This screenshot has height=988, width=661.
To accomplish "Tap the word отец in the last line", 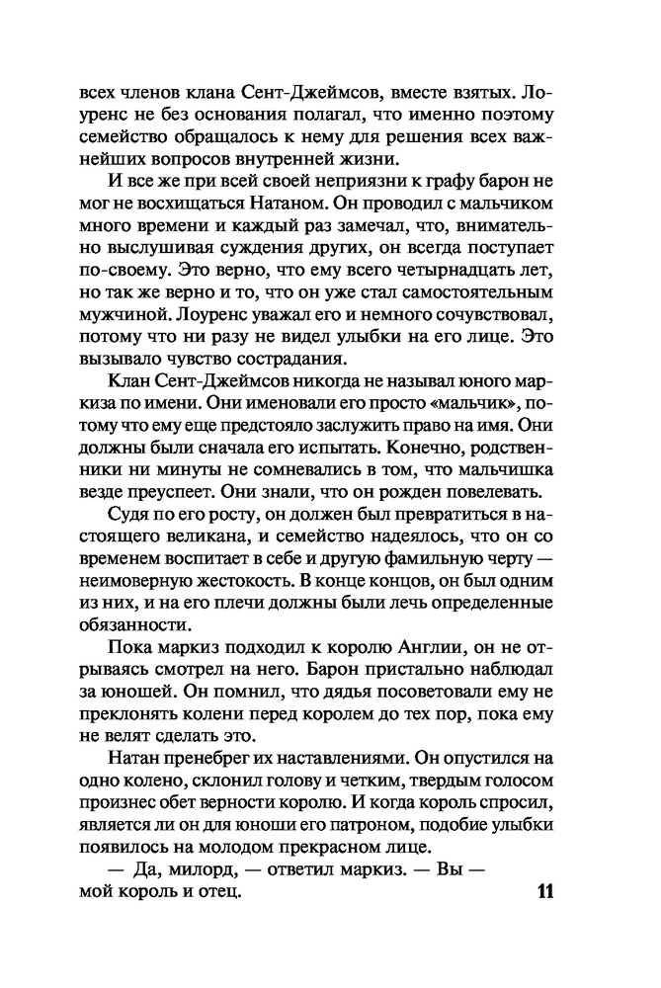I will [216, 893].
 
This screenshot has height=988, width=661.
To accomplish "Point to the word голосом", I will [528, 779].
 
